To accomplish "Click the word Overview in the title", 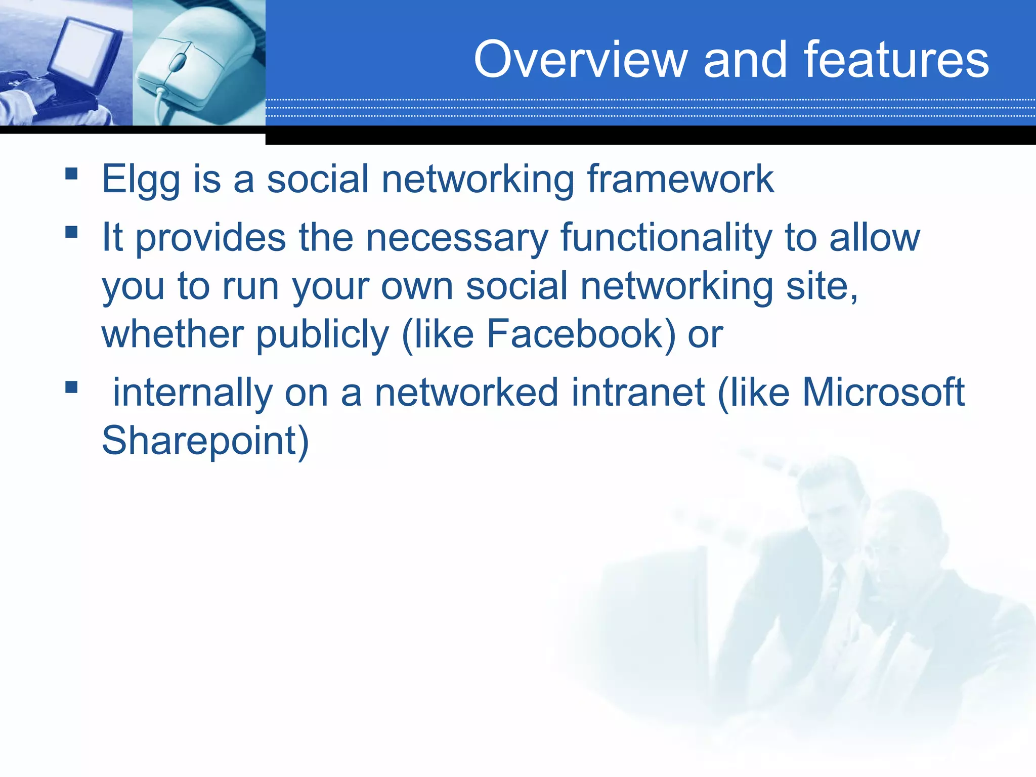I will [x=580, y=60].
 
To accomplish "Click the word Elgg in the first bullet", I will [x=141, y=180].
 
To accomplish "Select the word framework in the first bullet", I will [x=680, y=179].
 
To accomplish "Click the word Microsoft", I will [x=883, y=393].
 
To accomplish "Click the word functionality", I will [x=666, y=238].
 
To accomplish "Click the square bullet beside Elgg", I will [x=71, y=174].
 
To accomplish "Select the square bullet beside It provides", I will [x=71, y=232].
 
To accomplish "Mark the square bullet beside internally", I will [x=71, y=387].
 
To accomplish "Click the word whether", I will [x=172, y=334].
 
